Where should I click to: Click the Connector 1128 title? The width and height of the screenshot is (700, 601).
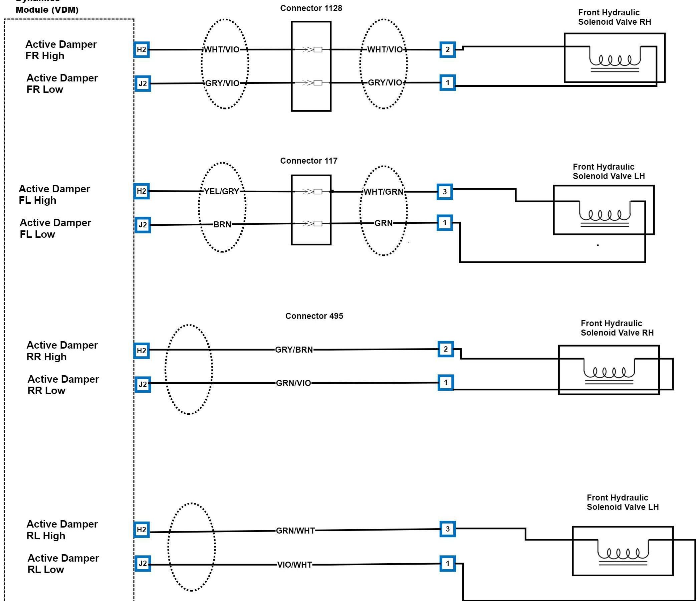311,8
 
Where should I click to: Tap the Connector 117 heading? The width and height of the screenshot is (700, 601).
308,161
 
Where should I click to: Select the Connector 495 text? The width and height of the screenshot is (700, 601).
314,316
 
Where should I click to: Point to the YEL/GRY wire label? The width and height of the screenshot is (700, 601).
222,192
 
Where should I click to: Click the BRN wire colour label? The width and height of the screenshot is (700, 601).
222,224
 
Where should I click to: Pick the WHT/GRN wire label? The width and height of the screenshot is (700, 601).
384,192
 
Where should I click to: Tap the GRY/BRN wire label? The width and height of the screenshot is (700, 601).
294,350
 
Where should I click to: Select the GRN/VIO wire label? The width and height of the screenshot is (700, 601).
293,383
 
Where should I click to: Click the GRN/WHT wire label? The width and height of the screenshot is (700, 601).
295,531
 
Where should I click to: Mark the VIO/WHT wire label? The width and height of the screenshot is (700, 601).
295,565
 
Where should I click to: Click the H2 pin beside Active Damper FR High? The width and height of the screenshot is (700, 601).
142,50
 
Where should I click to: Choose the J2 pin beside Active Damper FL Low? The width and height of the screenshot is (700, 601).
143,225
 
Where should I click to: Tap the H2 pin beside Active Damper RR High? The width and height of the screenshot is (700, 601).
142,350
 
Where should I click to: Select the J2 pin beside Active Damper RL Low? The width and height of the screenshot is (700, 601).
143,564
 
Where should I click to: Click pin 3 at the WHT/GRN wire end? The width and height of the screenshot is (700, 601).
445,192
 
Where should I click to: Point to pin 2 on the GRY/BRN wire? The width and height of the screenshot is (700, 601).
446,349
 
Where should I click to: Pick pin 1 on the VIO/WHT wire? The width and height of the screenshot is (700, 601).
448,564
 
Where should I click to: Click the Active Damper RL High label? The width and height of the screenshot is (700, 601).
62,530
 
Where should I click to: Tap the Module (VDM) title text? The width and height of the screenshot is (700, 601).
47,9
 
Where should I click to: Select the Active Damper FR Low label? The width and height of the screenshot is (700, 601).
62,84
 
